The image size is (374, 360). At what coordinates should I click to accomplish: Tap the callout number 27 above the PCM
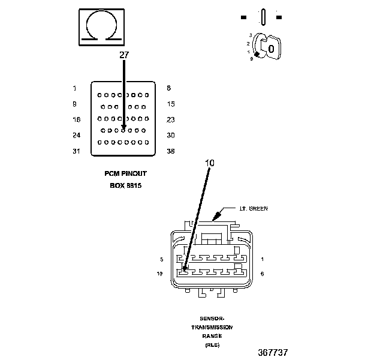pyautogui.click(x=124, y=55)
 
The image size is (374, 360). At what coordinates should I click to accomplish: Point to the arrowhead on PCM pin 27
pyautogui.click(x=123, y=127)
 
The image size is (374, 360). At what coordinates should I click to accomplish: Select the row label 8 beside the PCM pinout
pyautogui.click(x=168, y=88)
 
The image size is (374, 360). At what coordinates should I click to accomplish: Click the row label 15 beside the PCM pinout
pyautogui.click(x=171, y=104)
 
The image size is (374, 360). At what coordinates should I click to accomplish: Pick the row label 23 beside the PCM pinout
pyautogui.click(x=171, y=119)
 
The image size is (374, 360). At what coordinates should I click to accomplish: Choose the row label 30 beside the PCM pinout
pyautogui.click(x=171, y=135)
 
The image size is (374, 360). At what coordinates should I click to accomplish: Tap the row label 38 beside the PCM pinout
pyautogui.click(x=171, y=151)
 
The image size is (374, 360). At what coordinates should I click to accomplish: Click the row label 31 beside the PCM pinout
pyautogui.click(x=76, y=151)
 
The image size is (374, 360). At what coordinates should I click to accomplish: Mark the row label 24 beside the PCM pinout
pyautogui.click(x=76, y=135)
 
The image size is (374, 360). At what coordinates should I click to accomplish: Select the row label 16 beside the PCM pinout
pyautogui.click(x=76, y=119)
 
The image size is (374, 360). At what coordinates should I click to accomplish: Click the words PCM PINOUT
pyautogui.click(x=125, y=173)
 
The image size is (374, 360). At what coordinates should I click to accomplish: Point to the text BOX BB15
pyautogui.click(x=125, y=185)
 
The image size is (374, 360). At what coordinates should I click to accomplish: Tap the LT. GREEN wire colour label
pyautogui.click(x=254, y=209)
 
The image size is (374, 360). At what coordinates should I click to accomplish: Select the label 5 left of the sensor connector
pyautogui.click(x=161, y=259)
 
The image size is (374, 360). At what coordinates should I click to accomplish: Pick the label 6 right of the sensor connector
pyautogui.click(x=263, y=274)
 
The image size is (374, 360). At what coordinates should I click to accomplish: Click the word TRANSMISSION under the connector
pyautogui.click(x=212, y=328)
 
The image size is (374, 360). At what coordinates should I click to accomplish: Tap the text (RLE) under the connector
pyautogui.click(x=212, y=346)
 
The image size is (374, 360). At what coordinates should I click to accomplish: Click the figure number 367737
pyautogui.click(x=277, y=352)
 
